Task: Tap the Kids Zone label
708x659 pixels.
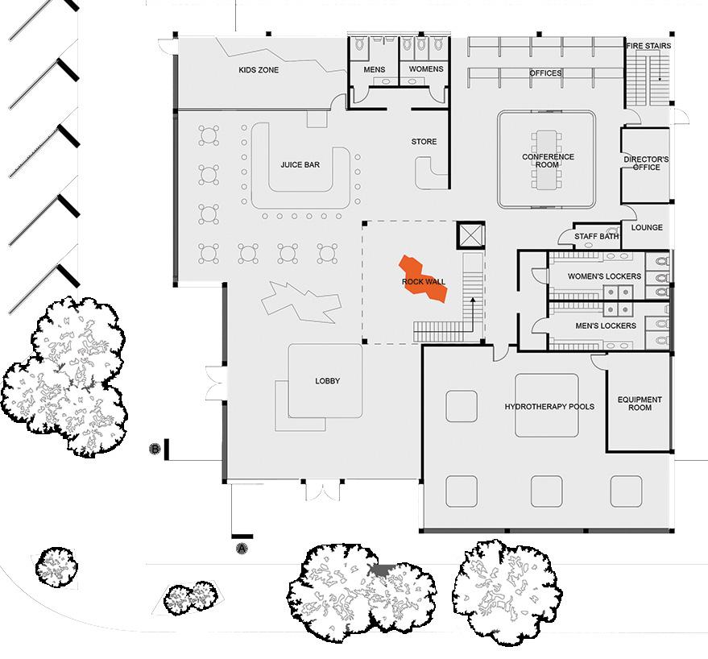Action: tap(259, 71)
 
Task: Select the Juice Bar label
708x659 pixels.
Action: tap(300, 165)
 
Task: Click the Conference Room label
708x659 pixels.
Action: tap(548, 161)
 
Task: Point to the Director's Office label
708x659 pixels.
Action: tap(647, 164)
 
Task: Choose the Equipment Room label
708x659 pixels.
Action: tap(640, 404)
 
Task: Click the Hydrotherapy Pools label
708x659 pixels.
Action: tap(549, 407)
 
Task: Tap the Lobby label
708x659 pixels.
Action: tap(329, 382)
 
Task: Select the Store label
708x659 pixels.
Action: tap(424, 142)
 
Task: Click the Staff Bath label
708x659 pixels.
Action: tap(596, 236)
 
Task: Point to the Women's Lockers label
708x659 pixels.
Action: tap(604, 277)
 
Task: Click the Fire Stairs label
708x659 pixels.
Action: tap(649, 46)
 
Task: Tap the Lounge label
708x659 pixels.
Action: tap(647, 228)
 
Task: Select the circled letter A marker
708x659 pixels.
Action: tap(240, 549)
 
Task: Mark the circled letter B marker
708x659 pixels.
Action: tap(155, 448)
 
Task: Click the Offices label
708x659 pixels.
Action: tap(545, 73)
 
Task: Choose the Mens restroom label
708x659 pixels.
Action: tap(375, 70)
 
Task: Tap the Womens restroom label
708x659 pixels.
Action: tap(425, 69)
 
